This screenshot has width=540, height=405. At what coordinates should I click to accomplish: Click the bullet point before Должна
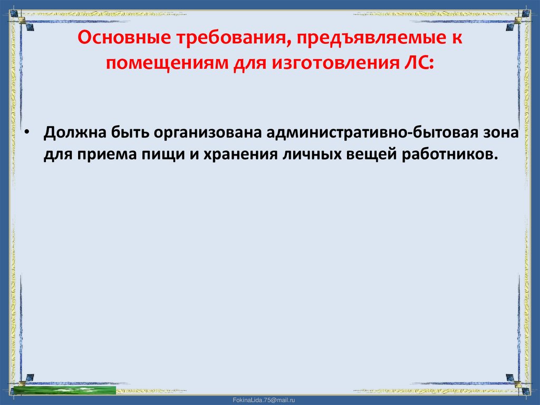(x=26, y=132)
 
